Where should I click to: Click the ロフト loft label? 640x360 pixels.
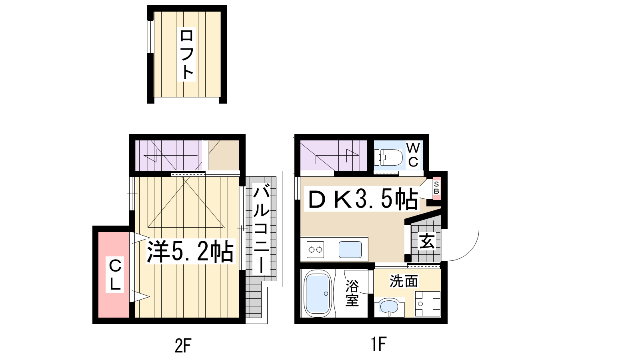[x=186, y=54]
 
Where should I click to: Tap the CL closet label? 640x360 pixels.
[x=115, y=274]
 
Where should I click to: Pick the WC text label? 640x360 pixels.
[x=413, y=155]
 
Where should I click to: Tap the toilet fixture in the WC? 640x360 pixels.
[x=388, y=157]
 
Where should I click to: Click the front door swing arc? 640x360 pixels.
[x=469, y=252]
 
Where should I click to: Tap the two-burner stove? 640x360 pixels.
[x=316, y=250]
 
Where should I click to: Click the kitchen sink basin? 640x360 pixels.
[x=350, y=250]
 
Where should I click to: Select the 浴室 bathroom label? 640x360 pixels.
[x=352, y=292]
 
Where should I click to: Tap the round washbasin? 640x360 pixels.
[x=389, y=307]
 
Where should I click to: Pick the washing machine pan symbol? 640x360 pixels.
[x=428, y=304]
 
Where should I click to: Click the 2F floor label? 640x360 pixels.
[x=183, y=345]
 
